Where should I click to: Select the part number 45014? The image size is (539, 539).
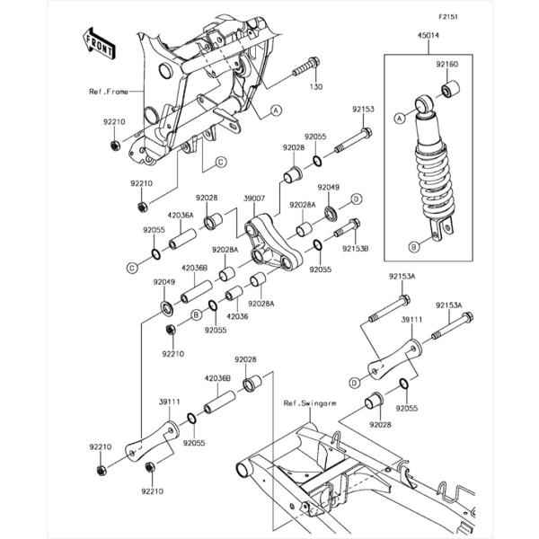click(403, 38)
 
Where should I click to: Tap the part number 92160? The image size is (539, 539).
click(448, 65)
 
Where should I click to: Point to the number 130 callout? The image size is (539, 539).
click(314, 87)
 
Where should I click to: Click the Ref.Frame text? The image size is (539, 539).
click(107, 91)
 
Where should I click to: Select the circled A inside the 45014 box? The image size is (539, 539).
click(400, 117)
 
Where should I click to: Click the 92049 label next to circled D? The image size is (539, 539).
click(328, 188)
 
